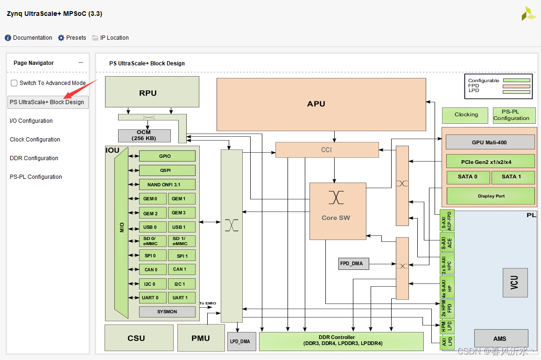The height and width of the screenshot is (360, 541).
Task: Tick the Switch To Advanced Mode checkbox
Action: point(14,83)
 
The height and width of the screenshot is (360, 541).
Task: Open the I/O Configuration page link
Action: point(31,121)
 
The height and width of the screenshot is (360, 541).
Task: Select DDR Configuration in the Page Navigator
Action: point(34,158)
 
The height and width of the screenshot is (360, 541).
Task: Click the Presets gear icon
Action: point(61,38)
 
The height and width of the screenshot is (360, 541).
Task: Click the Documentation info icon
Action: point(8,38)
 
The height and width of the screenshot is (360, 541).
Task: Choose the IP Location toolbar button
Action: point(110,38)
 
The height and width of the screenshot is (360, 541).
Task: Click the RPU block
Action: point(148,93)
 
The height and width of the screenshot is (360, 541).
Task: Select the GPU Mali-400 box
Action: point(489,142)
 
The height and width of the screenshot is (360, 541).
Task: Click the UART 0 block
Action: point(150,298)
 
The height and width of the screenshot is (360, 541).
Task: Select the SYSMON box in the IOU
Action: point(167,311)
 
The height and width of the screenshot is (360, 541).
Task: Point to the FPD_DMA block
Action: point(351,263)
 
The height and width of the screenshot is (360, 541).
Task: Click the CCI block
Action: point(326,150)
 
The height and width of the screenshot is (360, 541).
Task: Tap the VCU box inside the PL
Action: point(515,283)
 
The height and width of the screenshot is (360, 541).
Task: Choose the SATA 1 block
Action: point(512,177)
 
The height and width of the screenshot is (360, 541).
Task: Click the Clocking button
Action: point(466,115)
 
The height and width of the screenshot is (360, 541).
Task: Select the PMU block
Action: point(201,338)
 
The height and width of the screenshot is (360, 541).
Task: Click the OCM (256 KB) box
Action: point(144,135)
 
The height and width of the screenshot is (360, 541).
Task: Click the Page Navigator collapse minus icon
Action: point(81,63)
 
